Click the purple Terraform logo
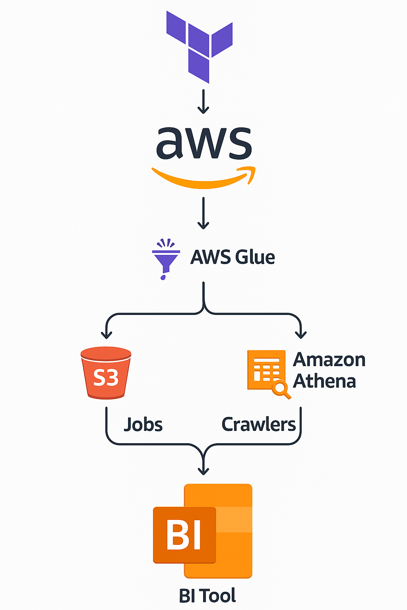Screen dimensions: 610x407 click(x=199, y=46)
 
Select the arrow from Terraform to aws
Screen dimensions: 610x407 click(x=203, y=102)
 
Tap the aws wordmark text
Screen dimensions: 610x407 click(x=204, y=143)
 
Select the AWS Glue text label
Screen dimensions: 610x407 click(x=233, y=257)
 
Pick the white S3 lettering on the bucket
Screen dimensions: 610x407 click(x=106, y=378)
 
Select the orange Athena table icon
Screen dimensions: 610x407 click(x=266, y=370)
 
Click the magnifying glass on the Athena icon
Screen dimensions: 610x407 click(x=281, y=389)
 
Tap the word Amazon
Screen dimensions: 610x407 click(x=329, y=360)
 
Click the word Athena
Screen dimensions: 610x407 click(x=324, y=381)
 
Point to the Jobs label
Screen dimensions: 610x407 click(x=143, y=425)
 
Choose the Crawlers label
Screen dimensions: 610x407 click(x=258, y=425)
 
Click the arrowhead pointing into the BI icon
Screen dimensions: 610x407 click(x=203, y=471)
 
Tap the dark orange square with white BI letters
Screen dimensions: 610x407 click(x=184, y=535)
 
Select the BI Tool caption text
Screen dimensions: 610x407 click(x=207, y=596)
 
